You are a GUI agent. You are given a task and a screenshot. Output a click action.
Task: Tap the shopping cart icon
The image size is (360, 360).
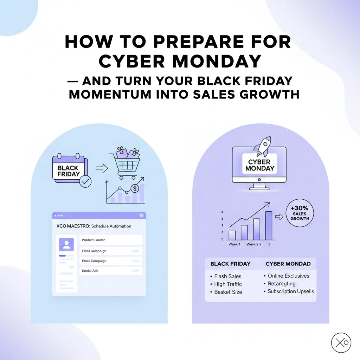pos(126,163)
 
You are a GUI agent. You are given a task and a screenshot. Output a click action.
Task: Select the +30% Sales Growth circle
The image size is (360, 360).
pos(300,213)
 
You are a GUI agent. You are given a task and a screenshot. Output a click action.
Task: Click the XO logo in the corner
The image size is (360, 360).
pos(341,342)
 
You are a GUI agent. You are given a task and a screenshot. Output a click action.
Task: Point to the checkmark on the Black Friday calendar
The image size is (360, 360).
pos(85,182)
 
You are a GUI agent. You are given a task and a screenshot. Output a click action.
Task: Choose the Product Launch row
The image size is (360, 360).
pos(111,240)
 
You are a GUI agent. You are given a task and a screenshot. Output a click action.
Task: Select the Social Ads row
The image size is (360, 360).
pos(111,271)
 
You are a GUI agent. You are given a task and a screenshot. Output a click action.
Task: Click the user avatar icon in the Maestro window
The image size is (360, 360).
pos(66,244)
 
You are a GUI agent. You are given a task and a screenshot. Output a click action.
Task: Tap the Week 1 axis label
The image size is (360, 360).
pos(234,244)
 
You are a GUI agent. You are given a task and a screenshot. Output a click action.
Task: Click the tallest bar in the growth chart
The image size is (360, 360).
pos(269,225)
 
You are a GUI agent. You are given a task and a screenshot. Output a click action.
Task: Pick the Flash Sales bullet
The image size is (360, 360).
pos(226,276)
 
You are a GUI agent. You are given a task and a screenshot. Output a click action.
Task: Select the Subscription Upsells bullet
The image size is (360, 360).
pos(289,291)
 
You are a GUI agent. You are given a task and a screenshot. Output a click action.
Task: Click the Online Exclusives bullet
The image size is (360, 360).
pos(287,276)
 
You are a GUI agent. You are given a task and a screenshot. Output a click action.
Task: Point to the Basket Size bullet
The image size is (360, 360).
pos(226,292)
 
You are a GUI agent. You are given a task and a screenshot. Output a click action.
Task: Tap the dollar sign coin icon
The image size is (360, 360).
pos(135,189)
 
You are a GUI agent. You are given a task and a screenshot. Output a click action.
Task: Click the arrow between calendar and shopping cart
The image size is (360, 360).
pos(102,168)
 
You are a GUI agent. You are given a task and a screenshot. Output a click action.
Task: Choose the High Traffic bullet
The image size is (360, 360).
pos(226,284)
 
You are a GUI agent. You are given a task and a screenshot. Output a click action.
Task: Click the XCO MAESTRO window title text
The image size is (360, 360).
pos(94,226)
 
